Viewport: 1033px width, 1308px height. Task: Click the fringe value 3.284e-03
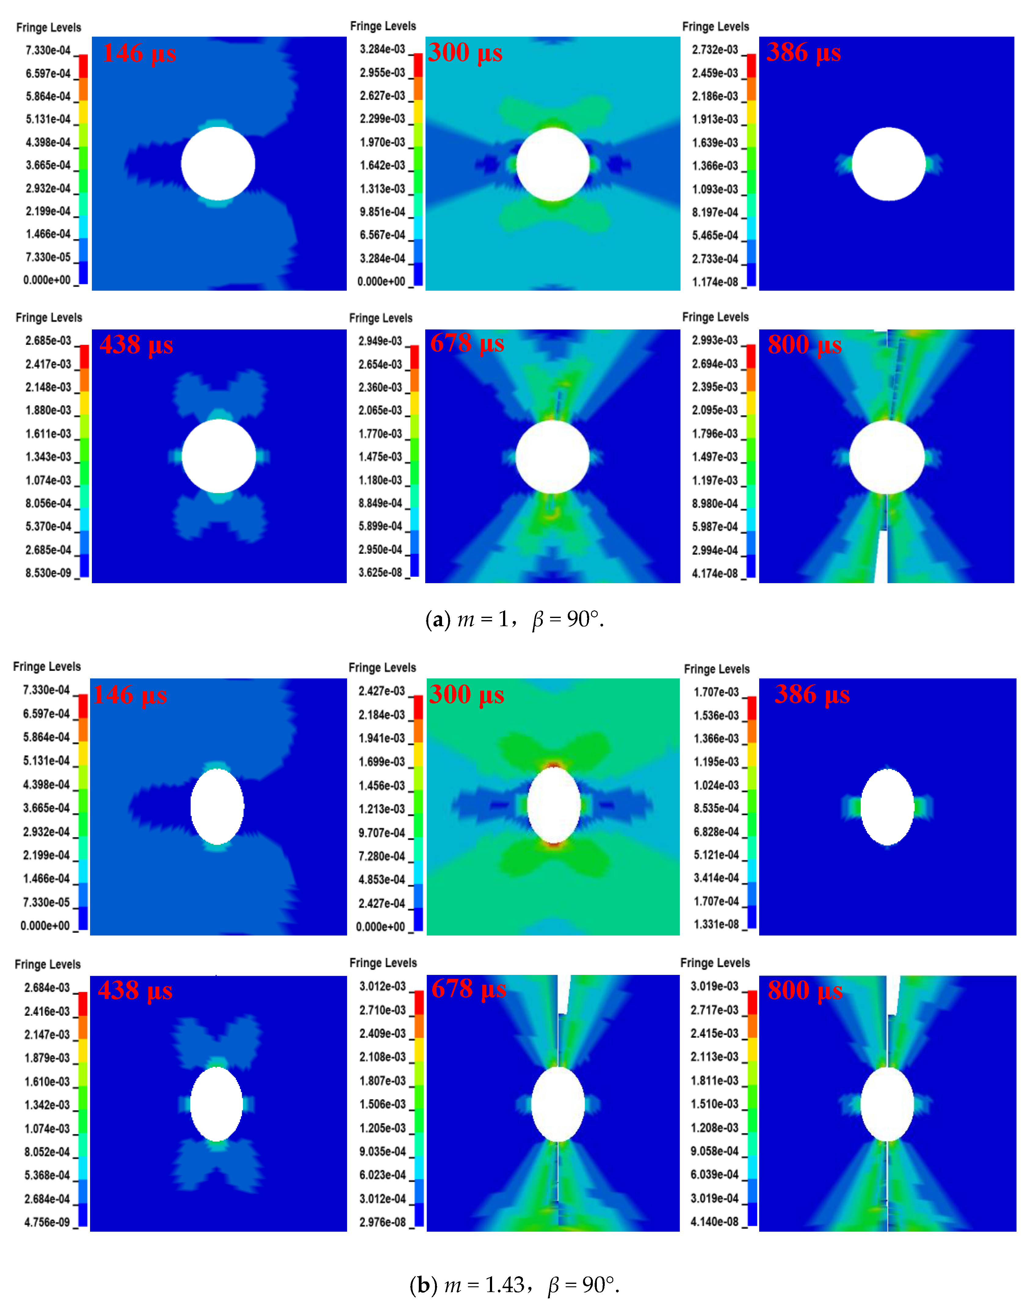[382, 49]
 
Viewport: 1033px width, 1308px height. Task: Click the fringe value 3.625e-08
[380, 572]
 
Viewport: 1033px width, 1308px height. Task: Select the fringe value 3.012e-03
[382, 986]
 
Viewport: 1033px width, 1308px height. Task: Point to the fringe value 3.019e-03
[714, 986]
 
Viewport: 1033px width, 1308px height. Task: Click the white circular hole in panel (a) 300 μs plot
[553, 164]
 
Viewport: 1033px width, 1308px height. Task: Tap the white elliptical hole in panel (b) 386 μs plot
[887, 806]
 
